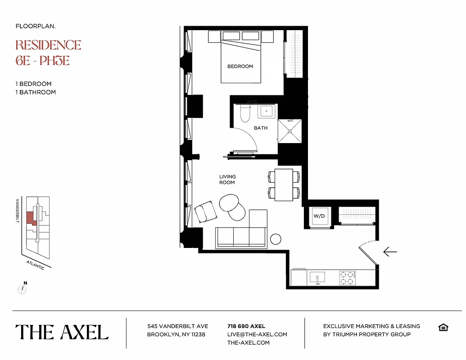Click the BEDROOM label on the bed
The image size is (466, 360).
pos(240,67)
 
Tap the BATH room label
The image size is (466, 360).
pos(261,128)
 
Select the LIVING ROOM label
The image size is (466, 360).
pos(227,180)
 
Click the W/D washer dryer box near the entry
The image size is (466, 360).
pos(319,216)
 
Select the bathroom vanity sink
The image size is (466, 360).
pos(266,111)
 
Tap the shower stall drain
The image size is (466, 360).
pos(290,131)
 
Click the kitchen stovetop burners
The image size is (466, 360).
pos(347,278)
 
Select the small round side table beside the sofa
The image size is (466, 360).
pos(276,239)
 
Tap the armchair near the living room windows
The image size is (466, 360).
pos(205,211)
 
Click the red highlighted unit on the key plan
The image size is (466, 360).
pos(31,218)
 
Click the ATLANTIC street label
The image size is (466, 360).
pos(35,265)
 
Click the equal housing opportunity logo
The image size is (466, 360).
pos(443,327)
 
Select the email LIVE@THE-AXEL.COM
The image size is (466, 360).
pos(257,334)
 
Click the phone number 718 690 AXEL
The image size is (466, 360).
pos(246,326)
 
